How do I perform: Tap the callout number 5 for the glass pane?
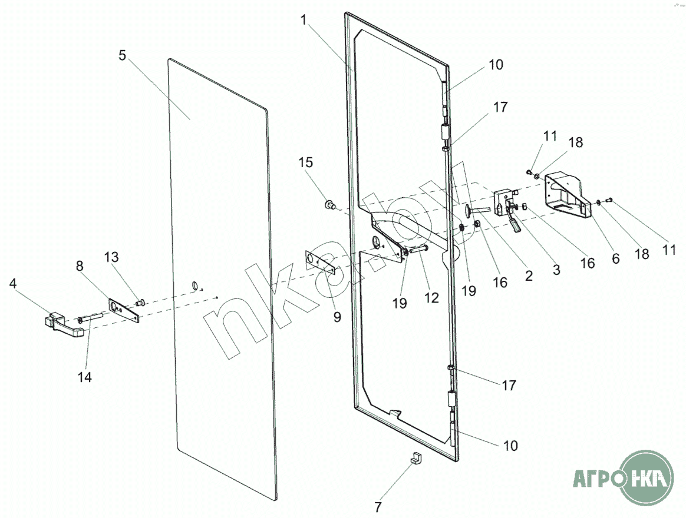click(122, 55)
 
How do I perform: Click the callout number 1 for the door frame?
click(304, 19)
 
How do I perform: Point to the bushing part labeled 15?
click(329, 204)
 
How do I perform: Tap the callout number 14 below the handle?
click(84, 377)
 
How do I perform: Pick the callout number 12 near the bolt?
click(431, 298)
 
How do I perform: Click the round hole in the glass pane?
click(194, 286)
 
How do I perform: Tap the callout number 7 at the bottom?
click(378, 507)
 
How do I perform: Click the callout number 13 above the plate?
click(111, 257)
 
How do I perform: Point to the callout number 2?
click(529, 275)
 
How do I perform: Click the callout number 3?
click(556, 270)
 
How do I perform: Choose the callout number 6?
click(615, 258)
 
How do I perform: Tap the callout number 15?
click(306, 162)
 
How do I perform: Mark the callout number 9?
click(337, 317)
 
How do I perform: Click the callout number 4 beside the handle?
click(13, 283)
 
